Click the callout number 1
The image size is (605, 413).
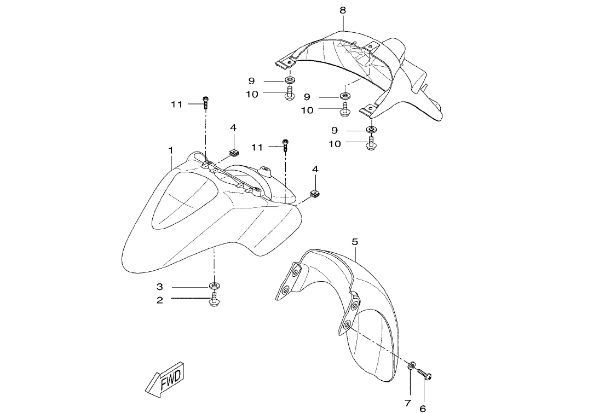pos(171,150)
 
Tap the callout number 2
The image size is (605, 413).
pos(160,300)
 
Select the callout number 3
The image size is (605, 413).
pos(160,287)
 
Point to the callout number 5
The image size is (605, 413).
pos(355,241)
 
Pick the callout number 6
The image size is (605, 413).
pos(422,408)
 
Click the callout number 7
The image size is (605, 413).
pos(407,404)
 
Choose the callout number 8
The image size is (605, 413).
pos(343,10)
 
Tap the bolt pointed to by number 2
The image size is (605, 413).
pos(213,300)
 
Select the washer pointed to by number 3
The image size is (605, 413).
pos(213,286)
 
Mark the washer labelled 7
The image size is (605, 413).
pos(411,365)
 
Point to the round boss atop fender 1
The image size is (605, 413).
pos(267,171)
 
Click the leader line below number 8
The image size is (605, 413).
pos(343,22)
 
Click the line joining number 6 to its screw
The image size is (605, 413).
pos(423,392)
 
